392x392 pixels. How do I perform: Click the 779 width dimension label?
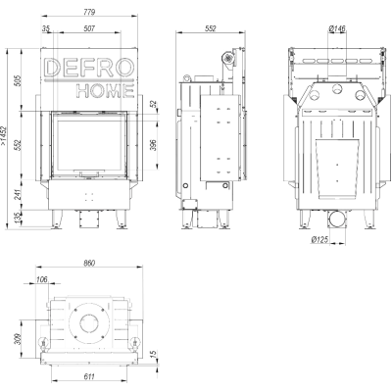tap(89, 12)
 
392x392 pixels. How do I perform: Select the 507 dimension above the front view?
tap(89, 28)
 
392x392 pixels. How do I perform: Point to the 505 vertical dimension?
tap(18, 80)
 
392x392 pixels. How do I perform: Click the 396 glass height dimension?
tap(155, 145)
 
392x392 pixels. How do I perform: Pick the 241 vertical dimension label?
tap(18, 194)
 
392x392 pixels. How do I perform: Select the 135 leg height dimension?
tap(18, 217)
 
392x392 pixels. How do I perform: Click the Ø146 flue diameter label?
tap(337, 28)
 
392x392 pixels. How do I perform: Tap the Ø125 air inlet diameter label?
tap(319, 240)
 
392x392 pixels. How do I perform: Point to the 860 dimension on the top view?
tap(89, 263)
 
